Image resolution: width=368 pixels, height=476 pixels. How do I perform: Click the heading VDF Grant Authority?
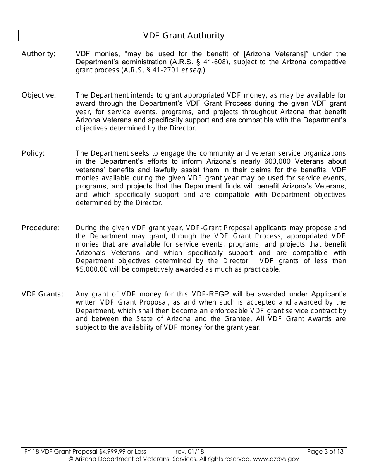pyautogui.click(x=184, y=36)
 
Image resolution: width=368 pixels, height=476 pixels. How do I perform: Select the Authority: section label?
pyautogui.click(x=38, y=54)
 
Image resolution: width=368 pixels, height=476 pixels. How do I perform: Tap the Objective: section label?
pyautogui.click(x=39, y=95)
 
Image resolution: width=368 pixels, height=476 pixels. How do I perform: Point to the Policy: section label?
pyautogui.click(x=33, y=153)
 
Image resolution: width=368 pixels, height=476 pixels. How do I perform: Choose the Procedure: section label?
pyautogui.click(x=40, y=228)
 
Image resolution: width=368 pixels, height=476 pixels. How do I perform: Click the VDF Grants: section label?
pyautogui.click(x=42, y=294)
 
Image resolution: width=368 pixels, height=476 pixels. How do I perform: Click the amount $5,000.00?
pyautogui.click(x=92, y=269)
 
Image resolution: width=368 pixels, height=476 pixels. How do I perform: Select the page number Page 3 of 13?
pyautogui.click(x=325, y=451)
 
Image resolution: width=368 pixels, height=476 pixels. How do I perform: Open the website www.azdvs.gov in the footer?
pyautogui.click(x=275, y=459)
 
